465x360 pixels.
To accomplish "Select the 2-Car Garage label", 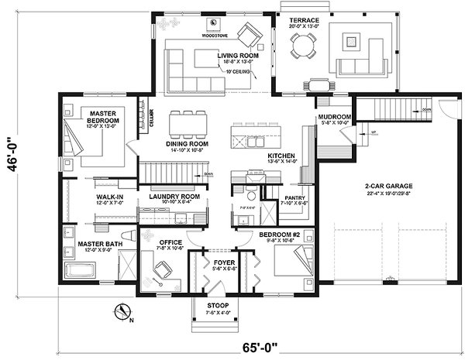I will click(x=391, y=186).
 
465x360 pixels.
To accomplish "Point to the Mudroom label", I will click(x=335, y=118).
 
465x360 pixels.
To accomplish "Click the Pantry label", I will click(x=295, y=198).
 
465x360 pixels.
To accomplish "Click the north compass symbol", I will click(x=122, y=313).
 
